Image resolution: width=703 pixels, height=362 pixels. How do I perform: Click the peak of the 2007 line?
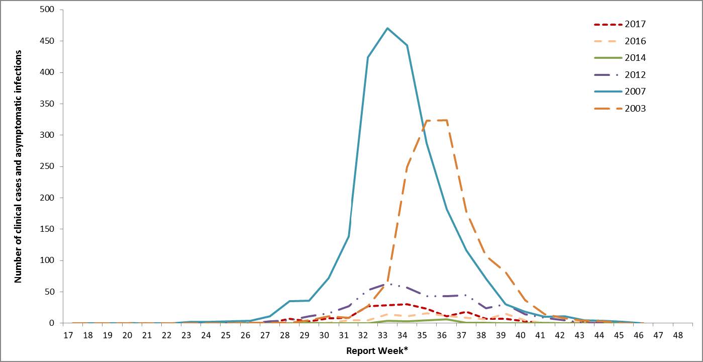pos(387,28)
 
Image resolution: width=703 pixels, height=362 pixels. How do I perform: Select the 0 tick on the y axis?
pos(54,323)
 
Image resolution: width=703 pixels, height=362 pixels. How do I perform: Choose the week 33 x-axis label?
pos(382,334)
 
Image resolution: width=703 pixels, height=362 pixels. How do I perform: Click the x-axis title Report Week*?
pos(377,350)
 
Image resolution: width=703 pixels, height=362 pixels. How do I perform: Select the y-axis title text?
pos(18,166)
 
